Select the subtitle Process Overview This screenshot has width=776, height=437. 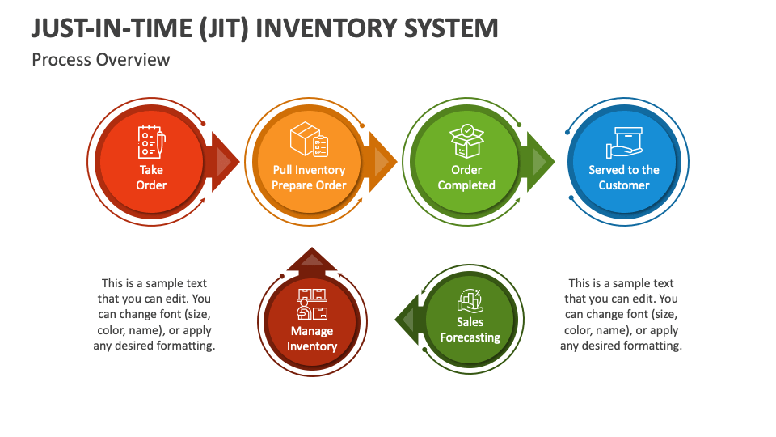tap(101, 60)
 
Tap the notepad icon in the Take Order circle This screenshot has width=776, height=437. tap(151, 142)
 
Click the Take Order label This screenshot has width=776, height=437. tap(151, 177)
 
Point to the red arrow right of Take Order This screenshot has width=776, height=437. tap(224, 162)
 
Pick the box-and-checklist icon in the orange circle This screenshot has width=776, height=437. tap(310, 139)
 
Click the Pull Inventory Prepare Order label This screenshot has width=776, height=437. tap(309, 177)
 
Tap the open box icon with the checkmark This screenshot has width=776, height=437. tap(466, 141)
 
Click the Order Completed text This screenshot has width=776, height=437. tap(466, 177)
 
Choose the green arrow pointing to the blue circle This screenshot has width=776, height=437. tap(538, 162)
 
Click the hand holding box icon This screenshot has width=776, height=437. tap(624, 142)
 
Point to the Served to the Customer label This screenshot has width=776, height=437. tap(624, 177)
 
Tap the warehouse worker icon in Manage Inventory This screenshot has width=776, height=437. tap(312, 304)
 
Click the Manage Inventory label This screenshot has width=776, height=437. tap(312, 338)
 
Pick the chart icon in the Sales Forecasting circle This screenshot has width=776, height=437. tap(470, 301)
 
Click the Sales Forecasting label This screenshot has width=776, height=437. tap(470, 329)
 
